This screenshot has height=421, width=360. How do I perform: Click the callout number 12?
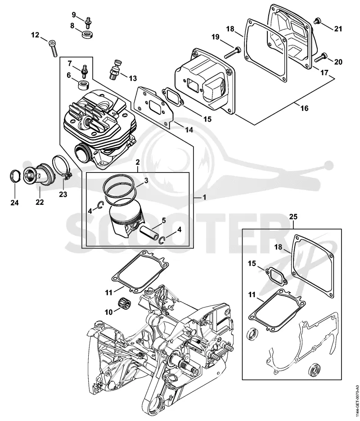tap(35, 35)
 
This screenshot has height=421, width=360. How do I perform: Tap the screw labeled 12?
tap(53, 49)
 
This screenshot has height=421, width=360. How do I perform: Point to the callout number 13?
tap(133, 78)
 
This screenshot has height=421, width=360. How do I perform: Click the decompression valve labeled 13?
tap(115, 69)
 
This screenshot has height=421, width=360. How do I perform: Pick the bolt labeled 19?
tap(232, 53)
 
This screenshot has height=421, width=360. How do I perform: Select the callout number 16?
tap(305, 108)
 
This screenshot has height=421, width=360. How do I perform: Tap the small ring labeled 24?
tap(15, 177)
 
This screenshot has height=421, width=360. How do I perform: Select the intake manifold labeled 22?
tap(39, 177)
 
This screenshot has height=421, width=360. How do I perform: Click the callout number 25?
tap(293, 217)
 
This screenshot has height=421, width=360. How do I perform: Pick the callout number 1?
tap(204, 197)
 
